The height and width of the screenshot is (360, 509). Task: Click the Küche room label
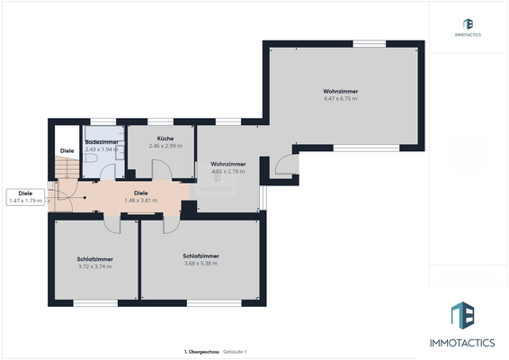click(x=165, y=139)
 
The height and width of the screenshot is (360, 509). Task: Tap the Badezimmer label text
click(x=102, y=141)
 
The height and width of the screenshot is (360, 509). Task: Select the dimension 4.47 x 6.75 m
click(x=341, y=99)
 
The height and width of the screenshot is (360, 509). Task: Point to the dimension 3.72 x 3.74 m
click(x=94, y=266)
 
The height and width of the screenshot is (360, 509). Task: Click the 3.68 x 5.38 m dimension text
click(x=201, y=263)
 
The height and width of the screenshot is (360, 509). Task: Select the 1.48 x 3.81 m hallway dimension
click(x=140, y=200)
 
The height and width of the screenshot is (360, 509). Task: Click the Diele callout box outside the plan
click(x=25, y=196)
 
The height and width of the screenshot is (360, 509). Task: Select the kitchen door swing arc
click(x=163, y=168)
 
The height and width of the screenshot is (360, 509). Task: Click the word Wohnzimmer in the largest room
click(x=341, y=92)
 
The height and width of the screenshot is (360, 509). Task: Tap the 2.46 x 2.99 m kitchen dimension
click(x=165, y=146)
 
